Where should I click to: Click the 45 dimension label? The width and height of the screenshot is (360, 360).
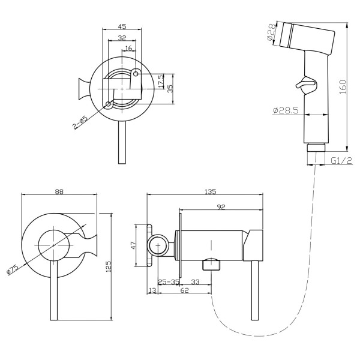(122, 26)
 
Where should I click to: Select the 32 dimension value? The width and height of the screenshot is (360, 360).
(122, 37)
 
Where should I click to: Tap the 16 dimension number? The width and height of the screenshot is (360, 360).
(129, 48)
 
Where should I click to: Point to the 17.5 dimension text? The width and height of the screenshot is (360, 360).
(161, 81)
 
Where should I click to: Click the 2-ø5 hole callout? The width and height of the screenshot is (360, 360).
(80, 123)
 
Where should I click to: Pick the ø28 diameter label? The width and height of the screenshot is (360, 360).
(272, 32)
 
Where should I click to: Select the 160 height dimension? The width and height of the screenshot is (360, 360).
(343, 87)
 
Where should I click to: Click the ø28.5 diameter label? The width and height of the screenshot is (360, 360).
(286, 110)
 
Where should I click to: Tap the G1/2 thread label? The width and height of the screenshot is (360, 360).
(341, 160)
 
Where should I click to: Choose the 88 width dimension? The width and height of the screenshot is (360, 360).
(59, 191)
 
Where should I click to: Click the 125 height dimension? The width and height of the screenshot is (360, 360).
(109, 266)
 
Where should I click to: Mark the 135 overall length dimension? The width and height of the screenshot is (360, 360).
(211, 191)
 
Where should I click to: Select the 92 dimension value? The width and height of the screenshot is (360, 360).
(221, 207)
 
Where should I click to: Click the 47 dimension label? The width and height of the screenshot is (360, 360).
(134, 245)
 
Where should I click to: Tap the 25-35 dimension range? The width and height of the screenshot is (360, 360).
(169, 281)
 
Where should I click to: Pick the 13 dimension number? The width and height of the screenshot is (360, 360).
(152, 290)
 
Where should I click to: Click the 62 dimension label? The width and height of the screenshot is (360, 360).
(184, 290)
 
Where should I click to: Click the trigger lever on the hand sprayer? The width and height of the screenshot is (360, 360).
(306, 85)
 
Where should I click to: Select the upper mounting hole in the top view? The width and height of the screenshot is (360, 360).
(136, 74)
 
